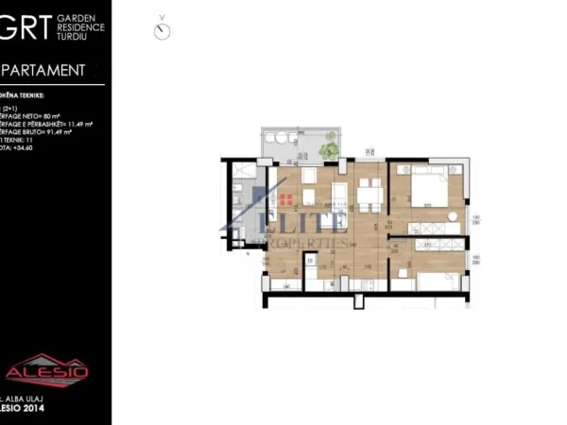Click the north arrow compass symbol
tap(163, 30)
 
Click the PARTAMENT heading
tap(45, 69)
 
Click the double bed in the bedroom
tap(426, 188)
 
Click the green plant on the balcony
tap(328, 149)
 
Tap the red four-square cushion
tap(285, 199)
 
